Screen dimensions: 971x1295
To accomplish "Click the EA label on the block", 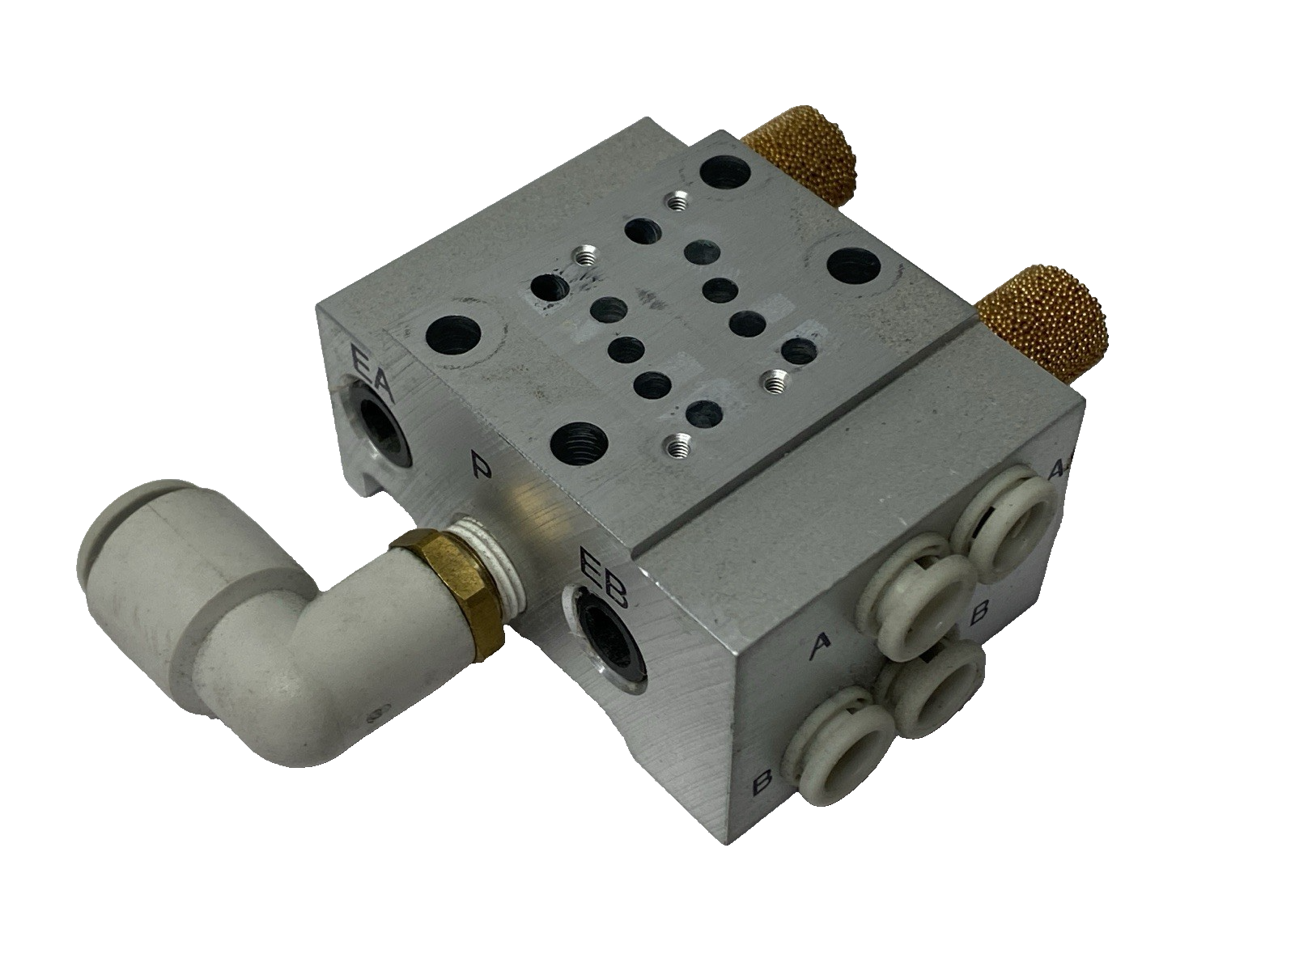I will pyautogui.click(x=371, y=371).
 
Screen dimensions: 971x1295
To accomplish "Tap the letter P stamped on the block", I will pyautogui.click(x=480, y=468).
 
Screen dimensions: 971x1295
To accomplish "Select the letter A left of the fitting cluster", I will pyautogui.click(x=821, y=643).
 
